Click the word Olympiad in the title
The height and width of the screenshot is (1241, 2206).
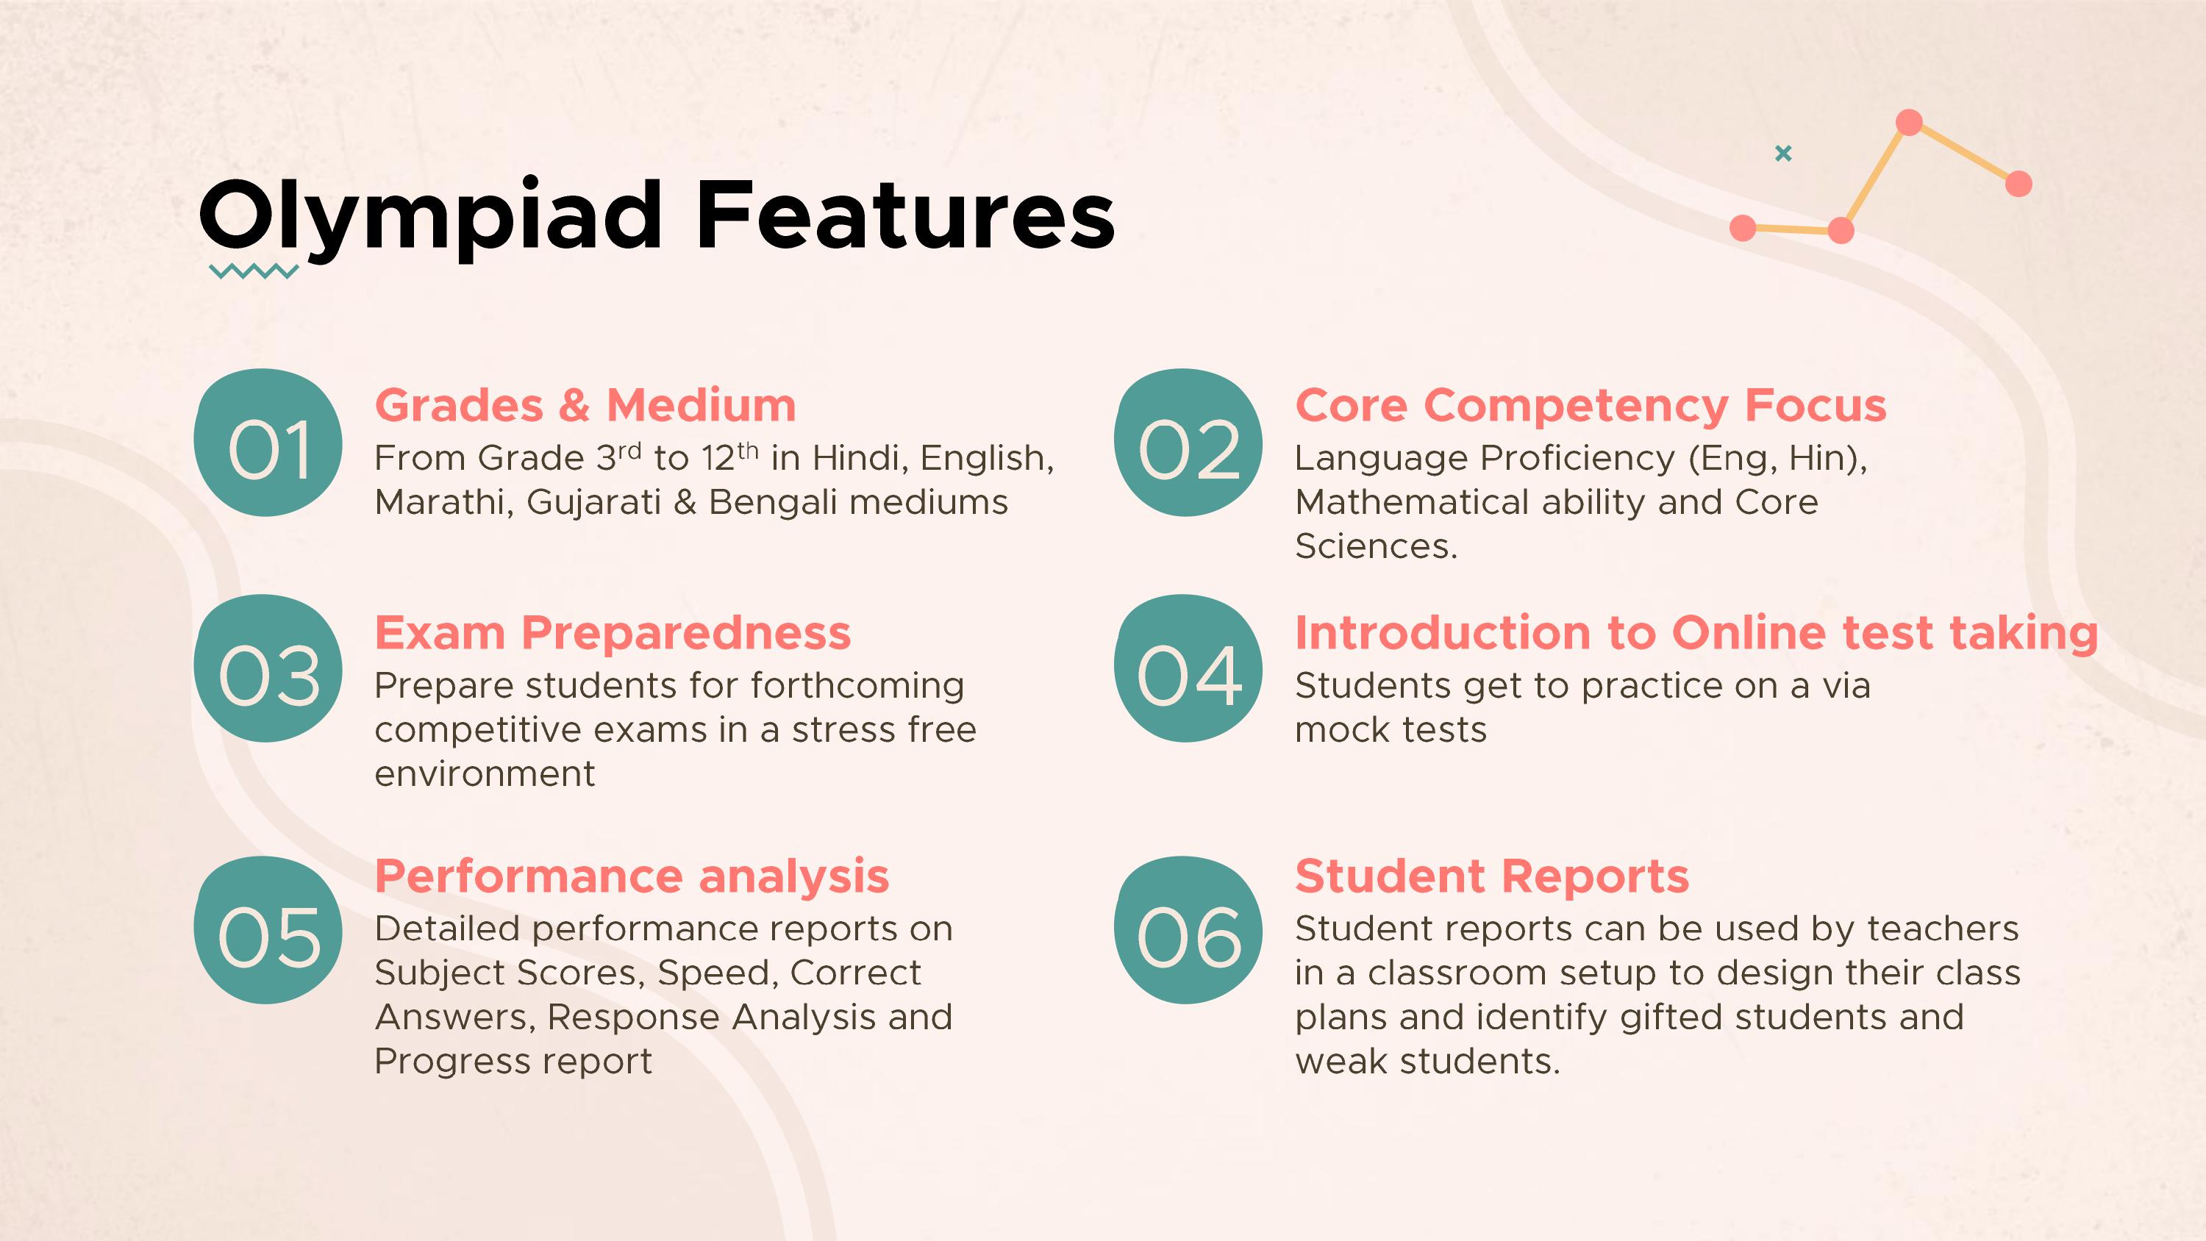click(x=431, y=216)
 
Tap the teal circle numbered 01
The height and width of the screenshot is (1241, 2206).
click(x=268, y=443)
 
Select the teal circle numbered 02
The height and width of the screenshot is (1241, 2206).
click(x=1188, y=443)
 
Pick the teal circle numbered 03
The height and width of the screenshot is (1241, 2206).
click(x=268, y=669)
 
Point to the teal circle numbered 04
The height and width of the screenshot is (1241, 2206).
click(x=1188, y=669)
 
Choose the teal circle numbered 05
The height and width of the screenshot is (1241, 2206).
click(x=268, y=930)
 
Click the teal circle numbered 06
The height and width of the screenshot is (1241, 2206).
click(x=1188, y=930)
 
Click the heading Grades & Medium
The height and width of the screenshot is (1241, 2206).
click(x=586, y=405)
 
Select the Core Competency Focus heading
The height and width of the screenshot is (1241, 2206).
click(x=1591, y=406)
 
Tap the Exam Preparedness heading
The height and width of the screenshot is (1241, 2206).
click(x=613, y=634)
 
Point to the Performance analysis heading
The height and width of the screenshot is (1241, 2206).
click(x=632, y=877)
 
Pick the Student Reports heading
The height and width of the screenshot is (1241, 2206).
click(x=1492, y=877)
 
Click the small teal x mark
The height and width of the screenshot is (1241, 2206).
click(x=1783, y=154)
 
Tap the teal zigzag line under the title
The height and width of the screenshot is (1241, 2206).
click(x=254, y=272)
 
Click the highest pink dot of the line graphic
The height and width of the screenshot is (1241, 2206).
click(x=1909, y=123)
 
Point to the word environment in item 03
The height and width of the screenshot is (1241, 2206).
click(x=485, y=774)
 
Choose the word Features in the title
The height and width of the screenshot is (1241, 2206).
click(x=905, y=216)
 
